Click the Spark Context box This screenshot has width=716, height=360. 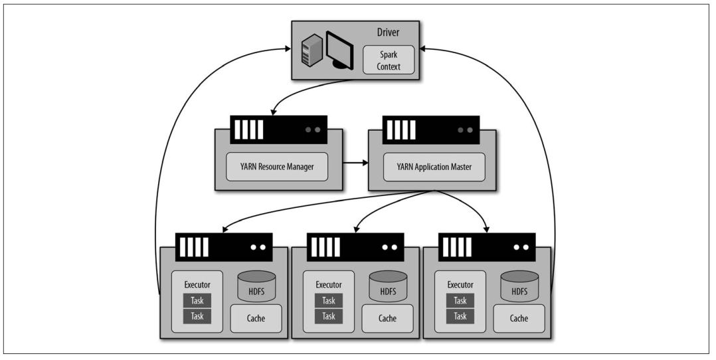(x=389, y=60)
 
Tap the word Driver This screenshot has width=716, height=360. (x=388, y=33)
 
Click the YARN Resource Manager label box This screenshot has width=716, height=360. (x=277, y=167)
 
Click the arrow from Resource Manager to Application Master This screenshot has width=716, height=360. (x=355, y=163)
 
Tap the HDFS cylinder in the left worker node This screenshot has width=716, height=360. (x=256, y=286)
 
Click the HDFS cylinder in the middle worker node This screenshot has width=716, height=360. (x=388, y=286)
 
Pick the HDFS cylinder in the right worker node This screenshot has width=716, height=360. (x=519, y=286)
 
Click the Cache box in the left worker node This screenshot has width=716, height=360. (x=256, y=318)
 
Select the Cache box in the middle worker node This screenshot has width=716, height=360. (x=388, y=318)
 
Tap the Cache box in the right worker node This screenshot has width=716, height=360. (x=519, y=318)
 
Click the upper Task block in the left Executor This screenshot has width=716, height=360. (x=197, y=301)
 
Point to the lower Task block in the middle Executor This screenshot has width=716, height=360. (x=329, y=316)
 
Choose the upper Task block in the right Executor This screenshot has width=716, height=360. (x=460, y=301)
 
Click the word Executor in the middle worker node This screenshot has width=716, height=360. (x=329, y=285)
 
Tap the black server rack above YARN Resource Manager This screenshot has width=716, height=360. (x=278, y=130)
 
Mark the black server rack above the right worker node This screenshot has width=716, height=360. (x=487, y=247)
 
